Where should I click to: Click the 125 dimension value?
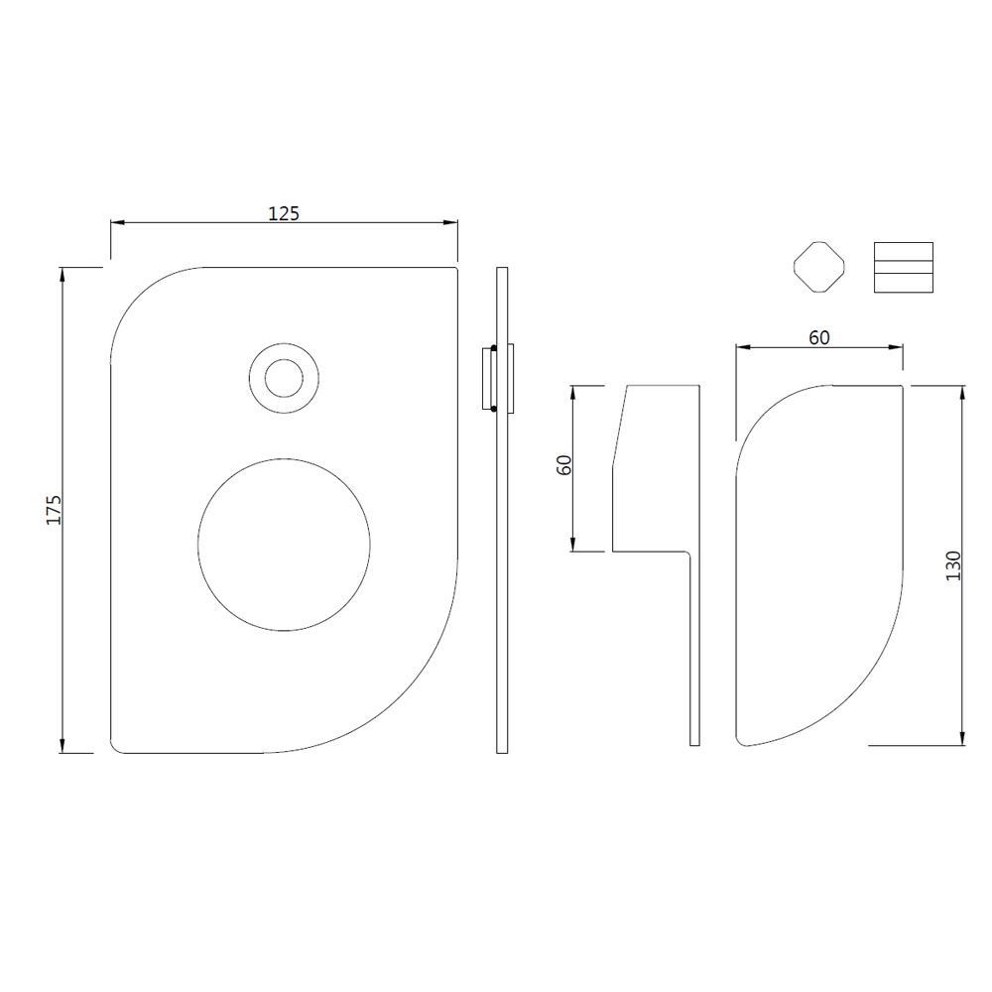(x=284, y=213)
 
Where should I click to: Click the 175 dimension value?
(x=54, y=510)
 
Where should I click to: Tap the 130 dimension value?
(x=953, y=566)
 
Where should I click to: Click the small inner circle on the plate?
(x=285, y=378)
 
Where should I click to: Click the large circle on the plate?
(x=284, y=544)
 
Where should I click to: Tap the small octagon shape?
(x=819, y=267)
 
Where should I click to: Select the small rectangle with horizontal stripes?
(x=904, y=268)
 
